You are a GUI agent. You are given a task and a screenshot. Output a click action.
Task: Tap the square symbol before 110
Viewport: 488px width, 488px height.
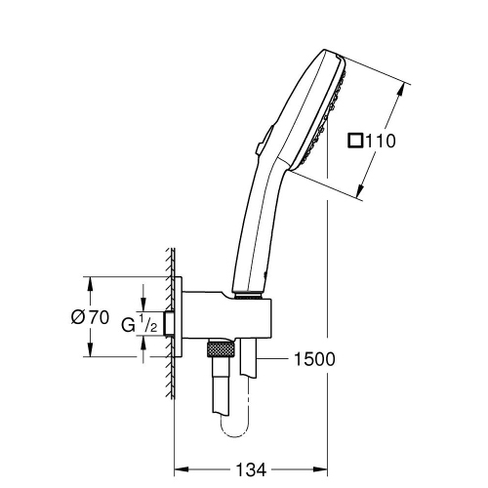(x=357, y=141)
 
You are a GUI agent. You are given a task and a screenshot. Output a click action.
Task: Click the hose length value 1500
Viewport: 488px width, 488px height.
(x=313, y=359)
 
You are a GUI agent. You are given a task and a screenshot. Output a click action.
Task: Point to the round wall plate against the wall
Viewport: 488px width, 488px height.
(x=182, y=318)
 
